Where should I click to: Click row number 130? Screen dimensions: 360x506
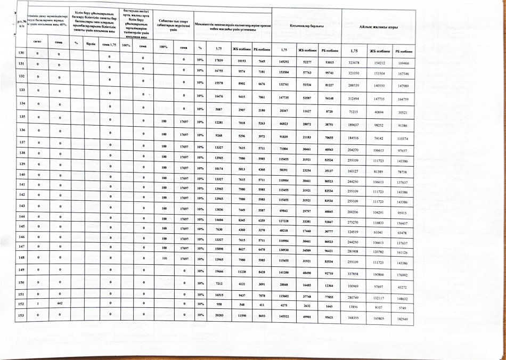click(21, 54)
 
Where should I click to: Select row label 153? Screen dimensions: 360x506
click(21, 316)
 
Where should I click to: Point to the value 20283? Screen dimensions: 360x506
click(218, 316)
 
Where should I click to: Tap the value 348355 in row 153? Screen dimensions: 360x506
click(353, 317)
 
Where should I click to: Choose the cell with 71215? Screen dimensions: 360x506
click(353, 114)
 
